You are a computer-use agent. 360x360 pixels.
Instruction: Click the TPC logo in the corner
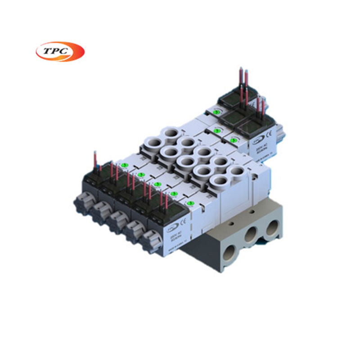(x=60, y=52)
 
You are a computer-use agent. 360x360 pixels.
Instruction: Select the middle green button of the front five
(x=157, y=184)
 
